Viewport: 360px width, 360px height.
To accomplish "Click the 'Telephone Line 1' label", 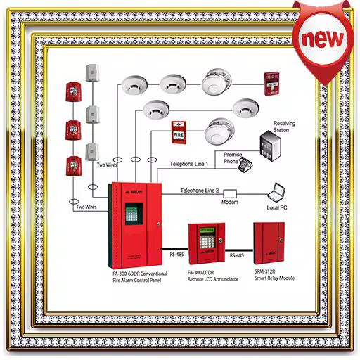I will pos(194,164).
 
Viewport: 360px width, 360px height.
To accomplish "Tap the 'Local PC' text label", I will pos(278,209).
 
